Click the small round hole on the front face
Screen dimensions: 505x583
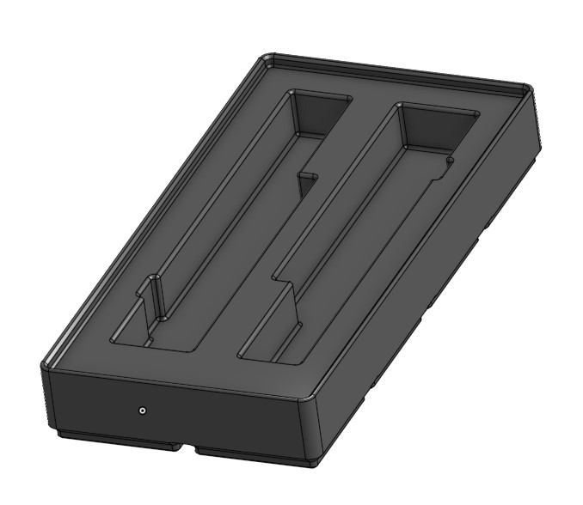pos(143,411)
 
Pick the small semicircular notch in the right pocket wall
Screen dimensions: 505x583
pos(449,160)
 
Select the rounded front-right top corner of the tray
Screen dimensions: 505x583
pos(307,399)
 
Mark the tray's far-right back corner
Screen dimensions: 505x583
pos(528,88)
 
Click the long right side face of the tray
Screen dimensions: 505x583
pos(430,283)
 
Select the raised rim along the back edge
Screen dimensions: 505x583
pos(396,72)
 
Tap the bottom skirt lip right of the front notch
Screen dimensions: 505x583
pos(249,453)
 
